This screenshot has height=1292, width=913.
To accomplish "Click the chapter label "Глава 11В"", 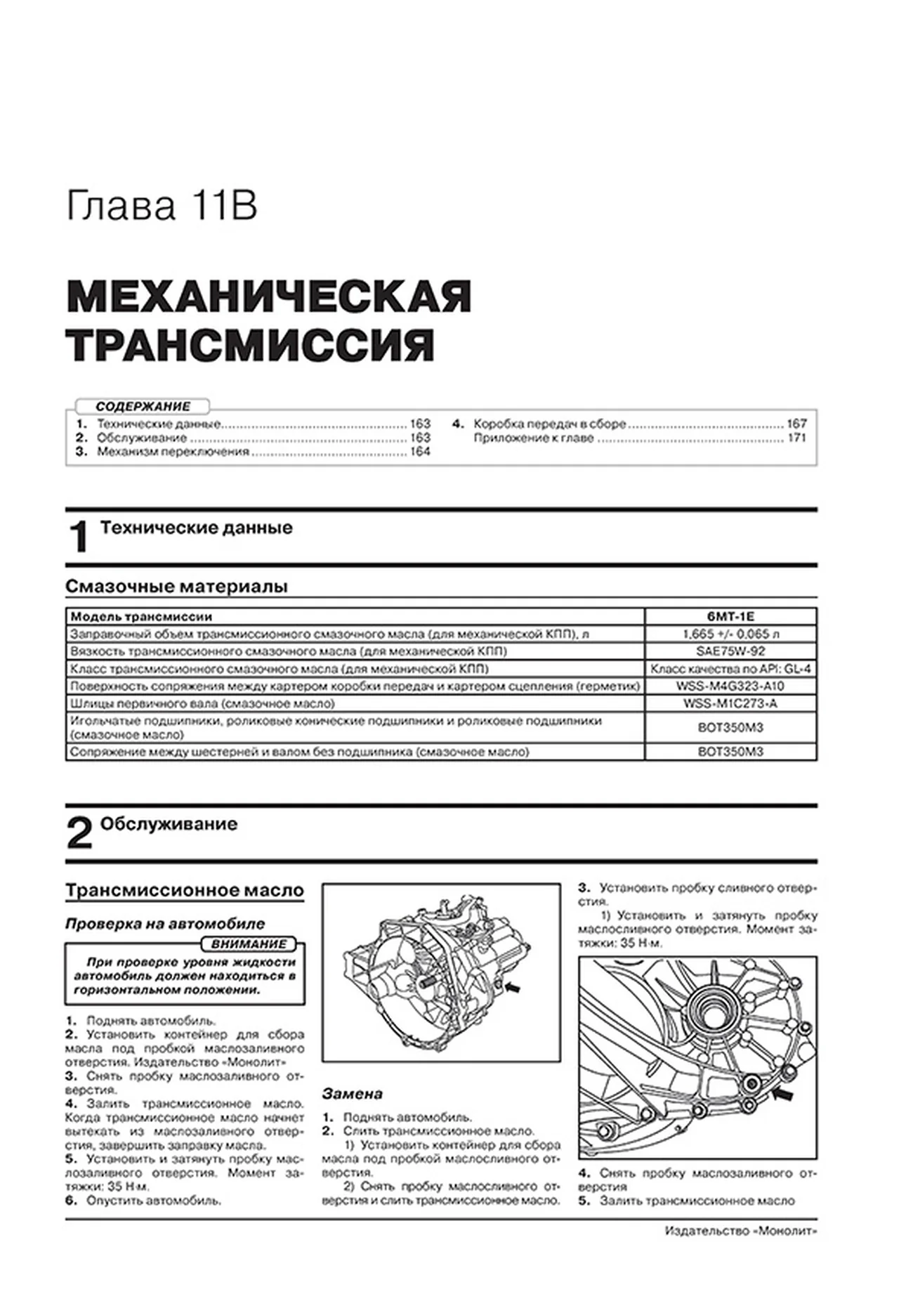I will coord(162,207).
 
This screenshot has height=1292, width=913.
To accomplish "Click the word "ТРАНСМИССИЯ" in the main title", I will coord(251,344).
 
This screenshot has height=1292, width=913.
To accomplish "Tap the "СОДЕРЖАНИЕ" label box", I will coord(143,406).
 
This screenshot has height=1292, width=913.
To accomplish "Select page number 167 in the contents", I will coord(796,424).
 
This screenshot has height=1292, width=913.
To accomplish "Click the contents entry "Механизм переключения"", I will coord(173,452).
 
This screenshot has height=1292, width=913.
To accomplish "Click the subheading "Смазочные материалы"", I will coord(176,587).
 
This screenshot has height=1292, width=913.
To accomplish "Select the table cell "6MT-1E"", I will coord(730,617).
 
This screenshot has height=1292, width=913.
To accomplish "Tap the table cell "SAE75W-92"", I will coord(730,651).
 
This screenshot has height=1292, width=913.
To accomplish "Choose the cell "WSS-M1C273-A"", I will coord(730,703).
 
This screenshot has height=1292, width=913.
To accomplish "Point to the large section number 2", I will coord(79,835).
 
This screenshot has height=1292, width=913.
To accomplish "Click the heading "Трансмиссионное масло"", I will coord(185,891).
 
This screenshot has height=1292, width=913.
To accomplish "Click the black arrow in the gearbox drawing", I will coord(513,988).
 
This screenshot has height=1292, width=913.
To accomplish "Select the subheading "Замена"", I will coord(353,1094).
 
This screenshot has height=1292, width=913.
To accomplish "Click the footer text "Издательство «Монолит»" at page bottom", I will coord(740,1251).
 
